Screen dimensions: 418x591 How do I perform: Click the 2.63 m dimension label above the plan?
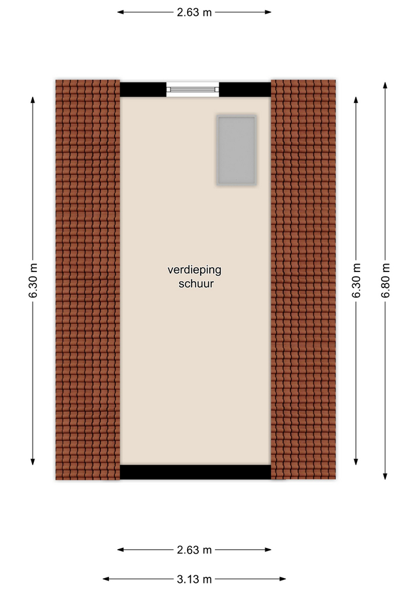tap(194, 12)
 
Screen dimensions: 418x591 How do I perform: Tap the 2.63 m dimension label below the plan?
tap(194, 550)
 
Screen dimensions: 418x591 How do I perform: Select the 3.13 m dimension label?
tap(194, 579)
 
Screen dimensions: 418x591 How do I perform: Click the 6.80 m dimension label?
tap(385, 281)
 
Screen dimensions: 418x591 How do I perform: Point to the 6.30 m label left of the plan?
tap(33, 281)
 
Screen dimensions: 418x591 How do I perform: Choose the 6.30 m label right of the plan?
tap(356, 281)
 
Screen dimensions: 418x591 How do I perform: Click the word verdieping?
tap(195, 270)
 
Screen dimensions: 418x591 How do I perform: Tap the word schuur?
tap(196, 284)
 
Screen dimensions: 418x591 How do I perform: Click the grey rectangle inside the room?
tap(236, 150)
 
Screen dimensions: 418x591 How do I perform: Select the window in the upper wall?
tap(193, 89)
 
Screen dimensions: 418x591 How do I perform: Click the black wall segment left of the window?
tap(143, 90)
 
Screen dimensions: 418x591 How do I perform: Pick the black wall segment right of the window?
tap(245, 90)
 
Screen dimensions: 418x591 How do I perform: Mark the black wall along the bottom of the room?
tap(196, 472)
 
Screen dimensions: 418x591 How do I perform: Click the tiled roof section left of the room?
tap(88, 279)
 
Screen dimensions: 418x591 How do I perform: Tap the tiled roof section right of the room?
tap(303, 279)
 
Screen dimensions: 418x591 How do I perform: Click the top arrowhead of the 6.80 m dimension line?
tap(385, 85)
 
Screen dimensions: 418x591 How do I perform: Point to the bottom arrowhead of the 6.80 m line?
tap(385, 476)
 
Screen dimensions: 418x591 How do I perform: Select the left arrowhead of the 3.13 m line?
tap(107, 579)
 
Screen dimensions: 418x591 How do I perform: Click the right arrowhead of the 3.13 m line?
tap(282, 579)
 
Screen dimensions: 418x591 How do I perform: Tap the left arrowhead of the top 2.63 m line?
tap(121, 12)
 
